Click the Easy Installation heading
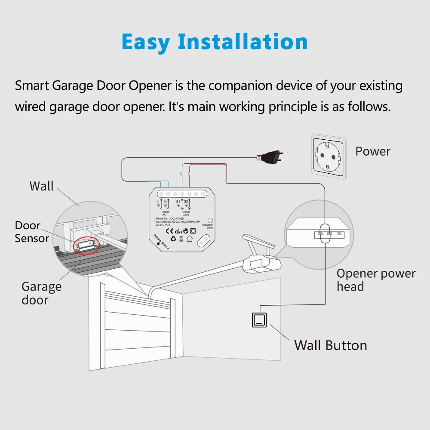coord(215,42)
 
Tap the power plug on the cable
coord(270,157)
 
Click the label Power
coord(372,151)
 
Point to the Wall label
coord(42,186)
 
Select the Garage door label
coord(41,293)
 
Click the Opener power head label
coord(375,280)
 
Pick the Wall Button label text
coord(330,345)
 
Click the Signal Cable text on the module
coord(186,213)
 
